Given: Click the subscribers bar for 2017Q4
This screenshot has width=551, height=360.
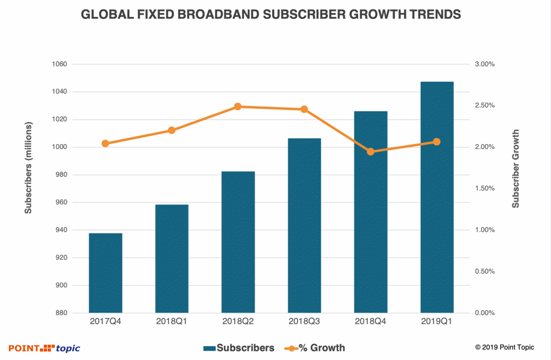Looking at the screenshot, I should (105, 273).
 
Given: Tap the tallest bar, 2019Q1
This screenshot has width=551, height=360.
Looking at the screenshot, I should (437, 197).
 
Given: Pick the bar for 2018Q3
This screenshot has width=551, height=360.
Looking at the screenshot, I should (304, 226).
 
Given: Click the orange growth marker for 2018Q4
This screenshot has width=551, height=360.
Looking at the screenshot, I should (371, 152).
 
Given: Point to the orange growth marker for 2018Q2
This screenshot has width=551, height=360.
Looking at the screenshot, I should (238, 107).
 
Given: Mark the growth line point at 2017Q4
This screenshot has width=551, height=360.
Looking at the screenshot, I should (105, 144).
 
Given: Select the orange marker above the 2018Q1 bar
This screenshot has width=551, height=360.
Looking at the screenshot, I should (172, 131).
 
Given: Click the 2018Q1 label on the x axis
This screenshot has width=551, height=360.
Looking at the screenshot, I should (172, 321).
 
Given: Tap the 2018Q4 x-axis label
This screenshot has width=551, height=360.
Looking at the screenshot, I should (371, 321).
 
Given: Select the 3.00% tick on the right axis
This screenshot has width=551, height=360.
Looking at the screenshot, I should (484, 64).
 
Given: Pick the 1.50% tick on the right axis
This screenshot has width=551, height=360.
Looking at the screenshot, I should (484, 189).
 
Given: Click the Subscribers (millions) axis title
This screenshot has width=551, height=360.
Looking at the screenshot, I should (28, 168).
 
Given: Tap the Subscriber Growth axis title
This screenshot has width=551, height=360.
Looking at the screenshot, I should (516, 169).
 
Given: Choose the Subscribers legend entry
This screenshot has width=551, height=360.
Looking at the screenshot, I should (239, 347).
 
